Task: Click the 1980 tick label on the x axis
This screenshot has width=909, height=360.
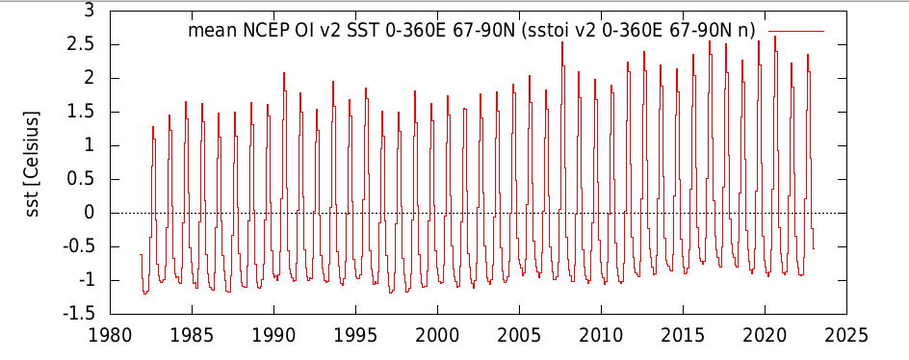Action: (110, 335)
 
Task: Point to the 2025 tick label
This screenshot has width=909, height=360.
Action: (847, 335)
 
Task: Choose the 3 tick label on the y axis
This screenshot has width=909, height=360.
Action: (91, 11)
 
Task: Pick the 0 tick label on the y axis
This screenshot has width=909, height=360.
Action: (91, 214)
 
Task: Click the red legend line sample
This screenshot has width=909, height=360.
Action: (796, 31)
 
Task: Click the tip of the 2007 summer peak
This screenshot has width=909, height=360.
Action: (561, 41)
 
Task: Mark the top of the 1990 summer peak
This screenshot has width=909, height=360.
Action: (284, 73)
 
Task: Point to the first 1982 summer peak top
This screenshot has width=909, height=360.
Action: (153, 126)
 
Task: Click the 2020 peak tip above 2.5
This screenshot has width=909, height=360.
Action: (774, 37)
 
